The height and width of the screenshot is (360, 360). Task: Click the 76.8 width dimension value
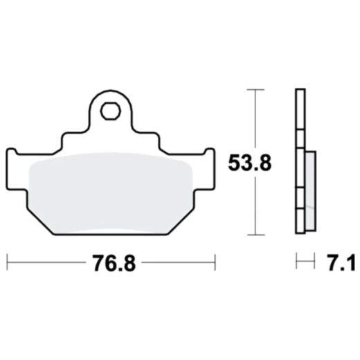(x=111, y=264)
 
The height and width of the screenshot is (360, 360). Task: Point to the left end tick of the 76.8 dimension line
(x=7, y=262)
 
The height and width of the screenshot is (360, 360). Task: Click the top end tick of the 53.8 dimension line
(x=257, y=89)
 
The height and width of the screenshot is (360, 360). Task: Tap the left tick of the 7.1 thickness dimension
(x=296, y=262)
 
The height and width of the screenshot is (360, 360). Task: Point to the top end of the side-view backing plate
(x=299, y=93)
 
